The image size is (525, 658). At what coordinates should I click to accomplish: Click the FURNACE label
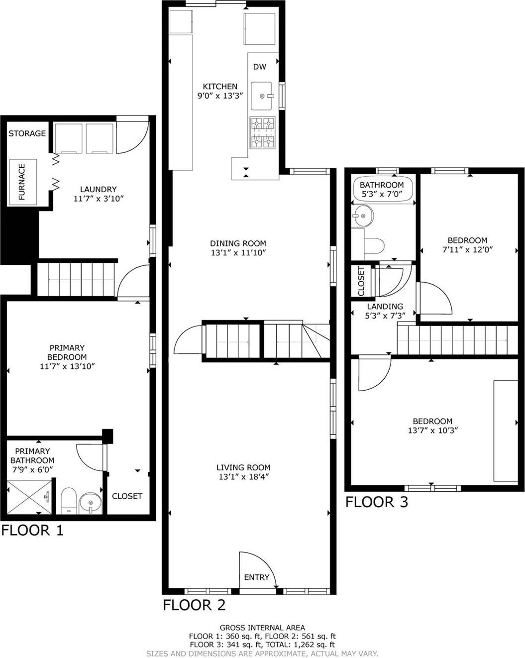coord(22,182)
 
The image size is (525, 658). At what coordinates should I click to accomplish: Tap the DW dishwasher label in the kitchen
coord(259,67)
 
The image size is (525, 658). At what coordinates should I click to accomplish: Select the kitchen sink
coord(262,96)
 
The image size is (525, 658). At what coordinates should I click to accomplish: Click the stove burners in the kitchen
coord(262,132)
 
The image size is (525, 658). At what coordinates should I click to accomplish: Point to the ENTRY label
coord(256,577)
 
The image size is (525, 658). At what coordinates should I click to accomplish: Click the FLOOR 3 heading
coord(377,502)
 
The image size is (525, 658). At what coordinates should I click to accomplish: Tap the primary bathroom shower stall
coord(30,497)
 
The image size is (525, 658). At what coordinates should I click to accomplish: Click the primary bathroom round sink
coord(90,503)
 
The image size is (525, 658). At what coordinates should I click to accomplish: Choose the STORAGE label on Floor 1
coord(27,133)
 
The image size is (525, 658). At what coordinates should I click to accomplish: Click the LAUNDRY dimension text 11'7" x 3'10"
coord(98,199)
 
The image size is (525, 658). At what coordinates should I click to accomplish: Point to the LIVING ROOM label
coord(243,467)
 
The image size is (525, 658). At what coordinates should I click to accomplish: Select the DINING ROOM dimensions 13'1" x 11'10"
coord(238,253)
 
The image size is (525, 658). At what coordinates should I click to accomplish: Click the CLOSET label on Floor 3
coord(361,280)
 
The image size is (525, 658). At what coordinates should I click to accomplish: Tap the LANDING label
coord(385,307)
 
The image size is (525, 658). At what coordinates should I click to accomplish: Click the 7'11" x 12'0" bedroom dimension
coord(467,249)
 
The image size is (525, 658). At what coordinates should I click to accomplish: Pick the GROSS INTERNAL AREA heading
coord(262,628)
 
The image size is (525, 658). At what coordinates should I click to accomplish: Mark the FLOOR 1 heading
coord(32,531)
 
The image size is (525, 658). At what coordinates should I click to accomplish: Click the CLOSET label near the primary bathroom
coord(127,496)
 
